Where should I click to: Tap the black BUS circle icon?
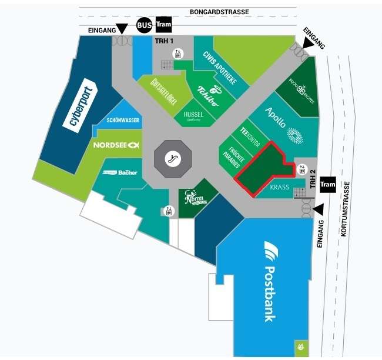pyautogui.click(x=144, y=25)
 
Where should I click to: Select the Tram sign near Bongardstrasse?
pyautogui.click(x=164, y=25)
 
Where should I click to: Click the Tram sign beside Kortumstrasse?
pyautogui.click(x=328, y=185)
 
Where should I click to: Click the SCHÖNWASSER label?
pyautogui.click(x=123, y=120)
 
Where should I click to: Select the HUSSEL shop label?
pyautogui.click(x=193, y=115)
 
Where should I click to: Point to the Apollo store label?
pyautogui.click(x=276, y=117)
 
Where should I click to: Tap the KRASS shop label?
pyautogui.click(x=280, y=187)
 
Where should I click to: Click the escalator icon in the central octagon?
pyautogui.click(x=173, y=158)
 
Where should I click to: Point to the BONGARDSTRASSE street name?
pyautogui.click(x=219, y=12)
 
